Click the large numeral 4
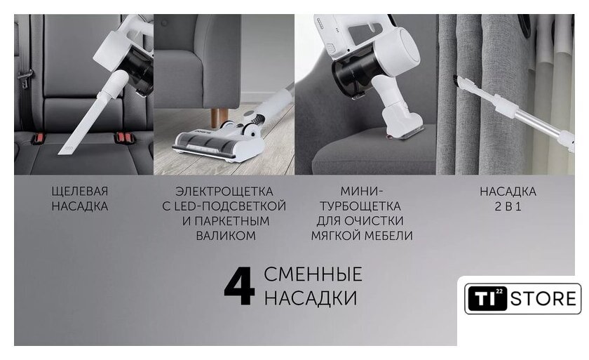tap(239, 286)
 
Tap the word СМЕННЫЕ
tap(313, 274)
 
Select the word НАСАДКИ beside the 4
tap(311, 298)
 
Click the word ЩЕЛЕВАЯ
tap(80, 192)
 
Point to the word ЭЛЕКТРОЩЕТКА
tap(224, 192)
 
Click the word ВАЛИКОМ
tap(225, 236)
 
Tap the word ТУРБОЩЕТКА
tap(360, 206)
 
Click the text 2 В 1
tap(508, 206)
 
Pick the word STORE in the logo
tap(543, 299)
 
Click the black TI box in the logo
tap(487, 298)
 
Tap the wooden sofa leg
tap(216, 118)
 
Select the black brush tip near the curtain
tap(457, 81)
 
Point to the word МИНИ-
tap(361, 192)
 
